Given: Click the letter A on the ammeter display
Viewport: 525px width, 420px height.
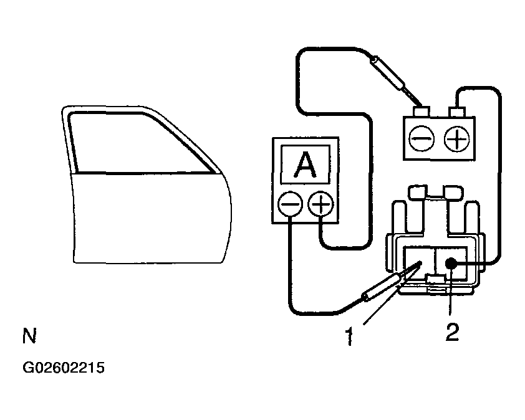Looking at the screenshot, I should pyautogui.click(x=304, y=165).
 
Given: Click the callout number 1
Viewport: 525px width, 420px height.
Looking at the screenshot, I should pyautogui.click(x=350, y=337).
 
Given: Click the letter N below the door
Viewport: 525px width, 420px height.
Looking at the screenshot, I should pyautogui.click(x=29, y=337).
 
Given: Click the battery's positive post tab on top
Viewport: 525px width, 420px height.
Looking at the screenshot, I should pyautogui.click(x=459, y=113).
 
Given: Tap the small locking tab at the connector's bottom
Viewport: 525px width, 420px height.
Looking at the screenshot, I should pyautogui.click(x=434, y=287).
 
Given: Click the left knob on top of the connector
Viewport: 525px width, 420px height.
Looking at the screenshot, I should pyautogui.click(x=417, y=192).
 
